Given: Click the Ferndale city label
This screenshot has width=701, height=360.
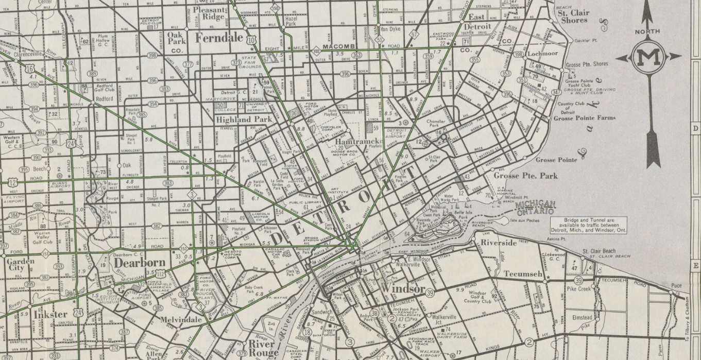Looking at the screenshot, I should (218, 38).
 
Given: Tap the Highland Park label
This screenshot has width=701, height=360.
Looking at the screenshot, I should (244, 119).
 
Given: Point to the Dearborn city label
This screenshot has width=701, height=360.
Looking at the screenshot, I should (136, 262).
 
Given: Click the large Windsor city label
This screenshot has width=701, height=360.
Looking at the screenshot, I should (403, 288).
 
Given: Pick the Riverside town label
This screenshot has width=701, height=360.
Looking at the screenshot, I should (499, 243).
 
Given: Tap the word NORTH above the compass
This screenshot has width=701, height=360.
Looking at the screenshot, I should (647, 31).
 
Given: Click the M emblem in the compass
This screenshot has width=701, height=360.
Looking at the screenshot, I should (648, 57).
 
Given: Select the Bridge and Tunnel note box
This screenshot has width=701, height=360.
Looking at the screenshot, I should (589, 225).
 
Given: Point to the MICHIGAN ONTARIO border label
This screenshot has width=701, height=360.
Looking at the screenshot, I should (535, 207).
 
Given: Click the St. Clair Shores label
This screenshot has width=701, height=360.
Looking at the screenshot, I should (574, 16).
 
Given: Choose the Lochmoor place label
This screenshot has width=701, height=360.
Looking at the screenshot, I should (542, 54).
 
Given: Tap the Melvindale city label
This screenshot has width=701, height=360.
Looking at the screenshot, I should (181, 319).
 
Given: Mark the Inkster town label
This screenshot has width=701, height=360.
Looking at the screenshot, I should (50, 314).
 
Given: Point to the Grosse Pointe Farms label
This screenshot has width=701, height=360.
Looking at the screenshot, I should (584, 118).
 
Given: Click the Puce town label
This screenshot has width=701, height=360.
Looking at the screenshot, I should (676, 285).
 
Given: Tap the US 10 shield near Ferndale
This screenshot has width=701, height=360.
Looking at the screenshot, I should (251, 39).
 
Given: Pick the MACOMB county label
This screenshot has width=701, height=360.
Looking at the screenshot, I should (336, 47).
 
